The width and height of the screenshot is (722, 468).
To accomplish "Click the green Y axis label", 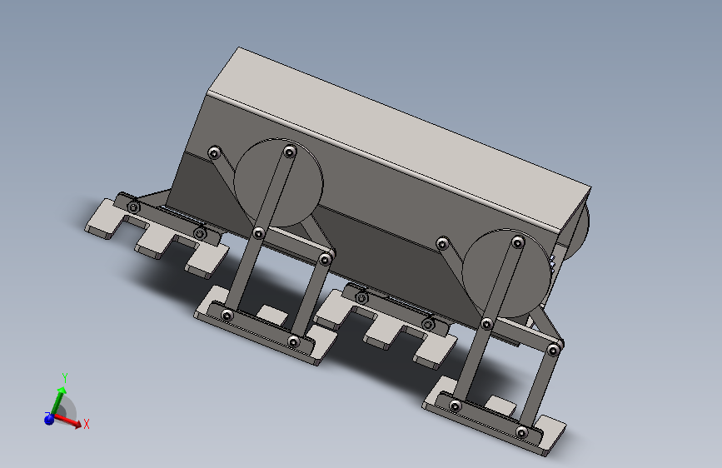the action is [x=65, y=378].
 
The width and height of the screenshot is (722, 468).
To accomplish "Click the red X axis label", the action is [x=86, y=424].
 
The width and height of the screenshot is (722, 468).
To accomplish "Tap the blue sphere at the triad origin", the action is [x=49, y=419].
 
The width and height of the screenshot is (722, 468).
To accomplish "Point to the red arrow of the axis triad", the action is [x=67, y=421].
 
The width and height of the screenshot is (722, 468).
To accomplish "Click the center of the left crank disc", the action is [x=279, y=183].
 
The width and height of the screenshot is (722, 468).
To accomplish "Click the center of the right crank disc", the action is [x=506, y=273].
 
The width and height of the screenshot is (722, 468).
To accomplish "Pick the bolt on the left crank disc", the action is [x=289, y=152].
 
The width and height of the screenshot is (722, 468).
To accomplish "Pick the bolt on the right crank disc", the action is [x=517, y=241].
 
